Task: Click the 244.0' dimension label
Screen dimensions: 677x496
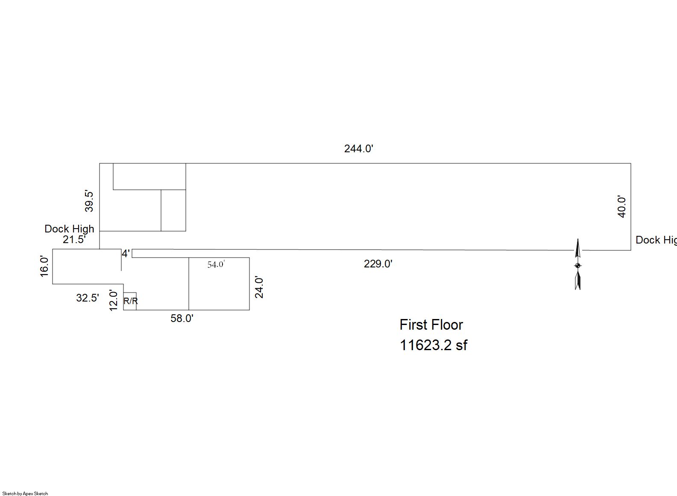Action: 359,149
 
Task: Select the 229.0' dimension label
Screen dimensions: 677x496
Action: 378,264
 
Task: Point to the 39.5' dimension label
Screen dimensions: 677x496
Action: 89,201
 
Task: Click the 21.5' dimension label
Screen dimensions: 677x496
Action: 74,240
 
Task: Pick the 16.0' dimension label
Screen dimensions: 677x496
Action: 44,267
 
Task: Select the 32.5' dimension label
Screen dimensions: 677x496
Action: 88,298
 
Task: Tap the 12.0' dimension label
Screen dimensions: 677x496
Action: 113,301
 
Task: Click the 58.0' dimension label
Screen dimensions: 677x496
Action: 182,319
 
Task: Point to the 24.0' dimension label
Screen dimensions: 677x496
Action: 259,287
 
